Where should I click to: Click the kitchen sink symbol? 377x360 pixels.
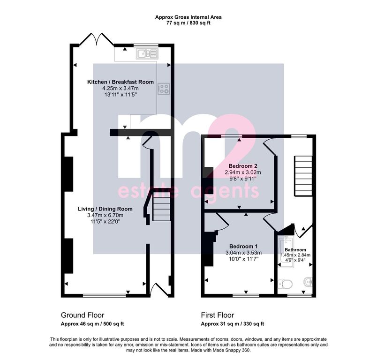tap(147, 53)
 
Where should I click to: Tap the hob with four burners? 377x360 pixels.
tap(164, 89)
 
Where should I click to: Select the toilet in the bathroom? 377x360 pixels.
tap(285, 285)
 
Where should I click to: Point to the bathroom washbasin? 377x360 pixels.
tap(309, 282)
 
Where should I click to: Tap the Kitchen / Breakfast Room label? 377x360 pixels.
tap(121, 82)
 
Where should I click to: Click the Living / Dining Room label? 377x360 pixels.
tap(106, 209)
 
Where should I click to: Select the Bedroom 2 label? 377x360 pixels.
tap(243, 166)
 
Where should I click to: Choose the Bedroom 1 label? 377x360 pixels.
tap(243, 247)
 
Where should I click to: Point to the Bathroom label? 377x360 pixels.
tap(295, 250)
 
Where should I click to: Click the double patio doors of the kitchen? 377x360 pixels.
tap(97, 39)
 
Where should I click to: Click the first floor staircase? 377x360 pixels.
tap(303, 176)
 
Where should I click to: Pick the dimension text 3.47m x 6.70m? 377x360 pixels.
tap(106, 215)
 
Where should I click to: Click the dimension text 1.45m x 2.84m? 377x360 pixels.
tap(295, 255)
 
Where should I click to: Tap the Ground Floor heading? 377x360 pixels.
tap(83, 315)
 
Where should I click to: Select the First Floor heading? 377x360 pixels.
tap(218, 315)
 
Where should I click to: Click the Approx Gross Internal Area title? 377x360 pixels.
tap(188, 17)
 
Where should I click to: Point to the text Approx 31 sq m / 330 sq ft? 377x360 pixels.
tap(233, 324)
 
